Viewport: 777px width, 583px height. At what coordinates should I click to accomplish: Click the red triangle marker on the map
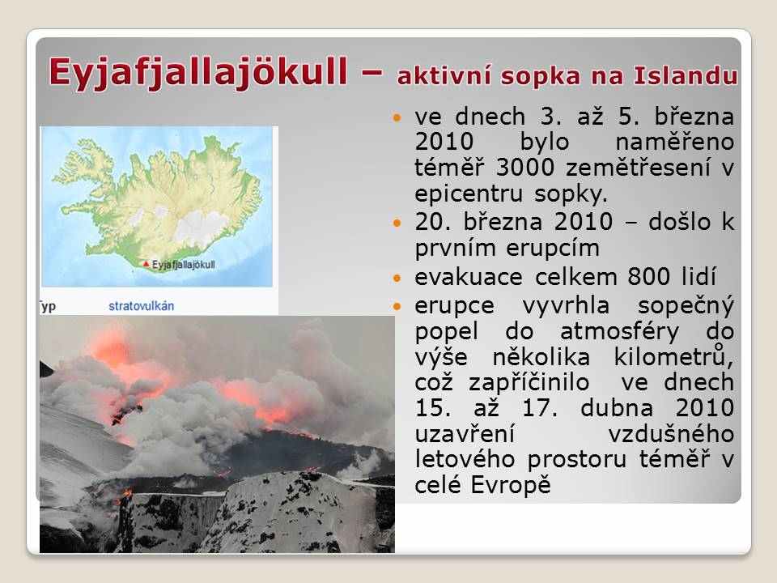146,264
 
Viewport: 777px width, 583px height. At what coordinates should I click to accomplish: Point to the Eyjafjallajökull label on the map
184,265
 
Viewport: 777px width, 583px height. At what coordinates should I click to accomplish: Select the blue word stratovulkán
141,306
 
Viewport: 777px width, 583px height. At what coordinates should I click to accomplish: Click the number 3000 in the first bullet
524,167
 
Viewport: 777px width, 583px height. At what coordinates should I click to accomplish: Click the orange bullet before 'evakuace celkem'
397,278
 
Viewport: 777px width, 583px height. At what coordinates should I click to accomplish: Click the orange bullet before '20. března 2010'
397,223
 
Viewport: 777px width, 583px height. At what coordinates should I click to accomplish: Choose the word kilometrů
673,357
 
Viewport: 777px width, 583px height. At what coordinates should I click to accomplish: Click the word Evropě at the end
511,485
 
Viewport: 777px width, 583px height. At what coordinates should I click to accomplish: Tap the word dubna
617,408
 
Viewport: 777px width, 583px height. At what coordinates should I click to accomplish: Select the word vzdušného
671,434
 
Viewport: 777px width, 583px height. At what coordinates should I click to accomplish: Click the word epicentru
469,194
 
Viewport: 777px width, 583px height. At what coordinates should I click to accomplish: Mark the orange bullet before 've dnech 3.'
397,118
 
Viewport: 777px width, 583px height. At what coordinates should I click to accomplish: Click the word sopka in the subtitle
540,77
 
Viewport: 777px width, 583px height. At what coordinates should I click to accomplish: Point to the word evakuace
469,277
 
